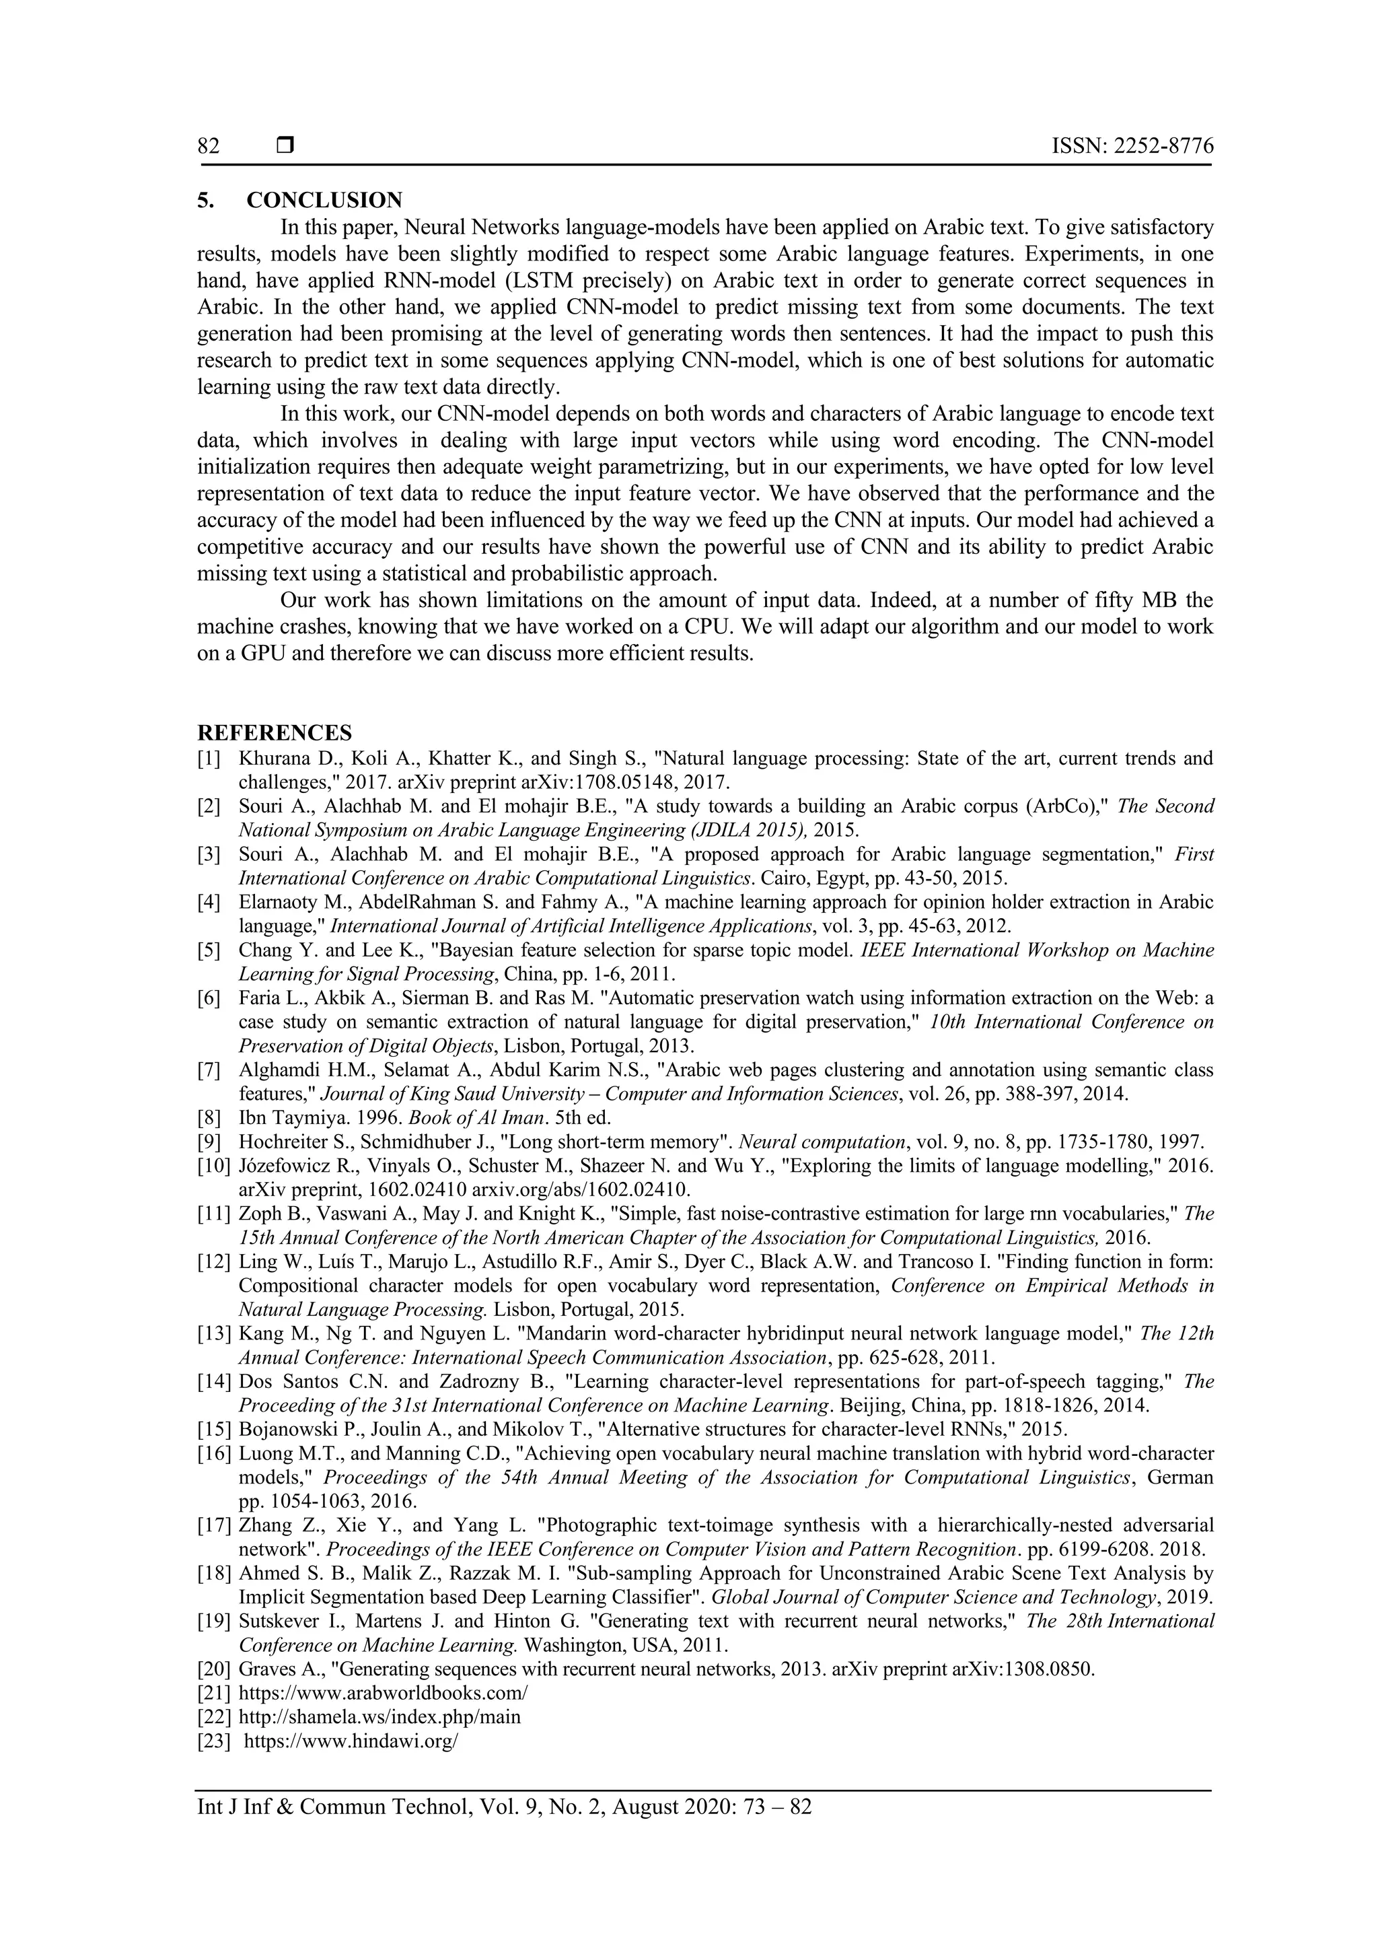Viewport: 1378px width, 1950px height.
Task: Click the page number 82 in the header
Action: point(209,146)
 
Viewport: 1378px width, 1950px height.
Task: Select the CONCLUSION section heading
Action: point(324,201)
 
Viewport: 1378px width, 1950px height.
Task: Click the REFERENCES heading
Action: point(275,733)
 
